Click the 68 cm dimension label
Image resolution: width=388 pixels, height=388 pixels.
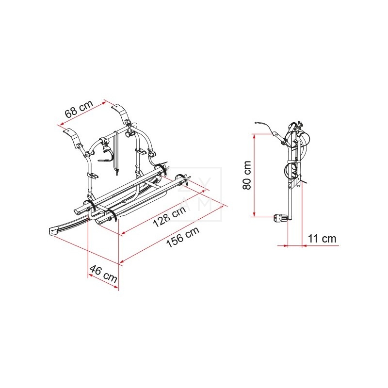pyautogui.click(x=79, y=109)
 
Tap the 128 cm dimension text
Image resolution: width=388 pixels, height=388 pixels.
pyautogui.click(x=169, y=217)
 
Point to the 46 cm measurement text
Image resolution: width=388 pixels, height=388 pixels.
pyautogui.click(x=103, y=274)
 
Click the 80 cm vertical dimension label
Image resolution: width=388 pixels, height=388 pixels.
pyautogui.click(x=247, y=175)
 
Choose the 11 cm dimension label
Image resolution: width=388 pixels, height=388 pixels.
pyautogui.click(x=322, y=239)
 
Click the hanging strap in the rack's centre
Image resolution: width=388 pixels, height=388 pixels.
pyautogui.click(x=116, y=152)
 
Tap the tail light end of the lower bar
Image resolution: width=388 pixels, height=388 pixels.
pyautogui.click(x=53, y=231)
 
